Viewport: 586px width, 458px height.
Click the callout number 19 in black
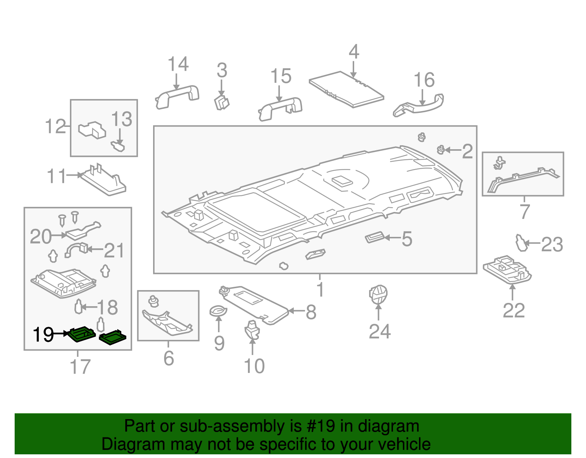tap(43, 334)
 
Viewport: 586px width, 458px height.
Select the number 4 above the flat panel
tap(353, 52)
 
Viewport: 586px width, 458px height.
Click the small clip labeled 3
tap(222, 102)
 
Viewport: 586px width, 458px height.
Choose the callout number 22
tap(513, 311)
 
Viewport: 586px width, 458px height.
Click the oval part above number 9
tap(218, 311)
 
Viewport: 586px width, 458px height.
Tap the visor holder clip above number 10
tap(252, 330)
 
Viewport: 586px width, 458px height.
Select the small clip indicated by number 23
tap(521, 243)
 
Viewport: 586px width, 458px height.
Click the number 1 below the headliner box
tap(320, 289)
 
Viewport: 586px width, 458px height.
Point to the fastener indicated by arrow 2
tap(441, 150)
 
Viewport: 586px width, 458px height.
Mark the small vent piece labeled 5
tap(374, 238)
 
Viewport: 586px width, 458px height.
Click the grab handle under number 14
tap(177, 97)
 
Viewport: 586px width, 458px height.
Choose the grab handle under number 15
tap(280, 108)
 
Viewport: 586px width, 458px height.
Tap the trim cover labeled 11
tap(104, 182)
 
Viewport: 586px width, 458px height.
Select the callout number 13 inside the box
tap(122, 119)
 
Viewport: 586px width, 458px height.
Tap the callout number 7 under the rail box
tap(524, 212)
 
